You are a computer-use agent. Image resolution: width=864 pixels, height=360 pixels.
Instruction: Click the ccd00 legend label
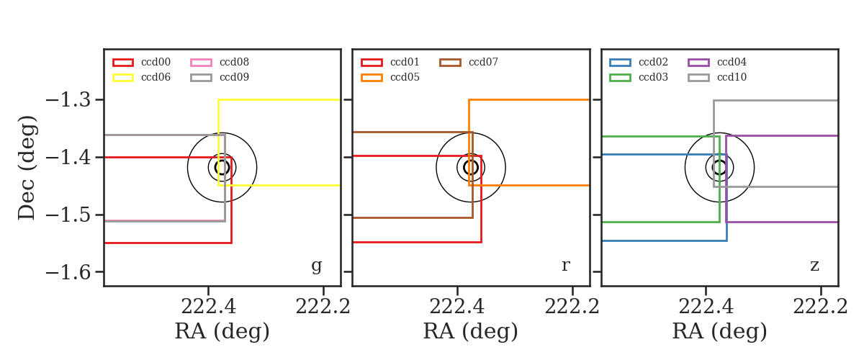pyautogui.click(x=156, y=62)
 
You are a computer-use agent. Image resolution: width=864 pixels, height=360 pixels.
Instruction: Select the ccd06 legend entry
pyautogui.click(x=156, y=77)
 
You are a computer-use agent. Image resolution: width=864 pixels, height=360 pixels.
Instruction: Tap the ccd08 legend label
pyautogui.click(x=234, y=62)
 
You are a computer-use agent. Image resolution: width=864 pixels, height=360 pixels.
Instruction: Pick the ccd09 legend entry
pyautogui.click(x=234, y=77)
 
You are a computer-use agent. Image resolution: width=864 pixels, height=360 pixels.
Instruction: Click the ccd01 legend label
pyautogui.click(x=405, y=62)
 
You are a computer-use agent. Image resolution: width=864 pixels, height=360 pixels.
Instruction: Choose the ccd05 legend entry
pyautogui.click(x=405, y=77)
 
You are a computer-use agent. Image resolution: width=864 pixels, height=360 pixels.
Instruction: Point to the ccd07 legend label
pyautogui.click(x=483, y=62)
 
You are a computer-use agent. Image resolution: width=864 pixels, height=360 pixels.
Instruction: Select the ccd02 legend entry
pyautogui.click(x=653, y=62)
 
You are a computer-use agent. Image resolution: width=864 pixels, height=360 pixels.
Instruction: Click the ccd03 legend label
pyautogui.click(x=653, y=77)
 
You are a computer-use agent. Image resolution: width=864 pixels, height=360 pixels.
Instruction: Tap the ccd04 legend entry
pyautogui.click(x=732, y=62)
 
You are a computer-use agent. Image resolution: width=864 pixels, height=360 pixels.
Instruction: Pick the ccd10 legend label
pyautogui.click(x=732, y=77)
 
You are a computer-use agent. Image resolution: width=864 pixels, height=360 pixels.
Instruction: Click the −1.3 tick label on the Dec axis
pyautogui.click(x=68, y=100)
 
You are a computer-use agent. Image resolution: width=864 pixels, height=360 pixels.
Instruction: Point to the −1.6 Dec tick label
pyautogui.click(x=68, y=272)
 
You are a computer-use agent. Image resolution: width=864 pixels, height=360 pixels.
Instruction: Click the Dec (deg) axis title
pyautogui.click(x=27, y=168)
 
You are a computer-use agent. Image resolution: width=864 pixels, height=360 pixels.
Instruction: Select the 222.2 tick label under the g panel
pyautogui.click(x=323, y=307)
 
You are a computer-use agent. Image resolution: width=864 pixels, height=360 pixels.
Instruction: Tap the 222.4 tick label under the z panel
pyautogui.click(x=706, y=307)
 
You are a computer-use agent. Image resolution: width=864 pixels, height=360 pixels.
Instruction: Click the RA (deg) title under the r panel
pyautogui.click(x=471, y=331)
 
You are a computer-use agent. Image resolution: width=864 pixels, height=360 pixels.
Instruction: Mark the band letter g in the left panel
pyautogui.click(x=316, y=266)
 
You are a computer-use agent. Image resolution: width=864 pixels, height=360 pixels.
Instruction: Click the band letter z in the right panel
pyautogui.click(x=814, y=266)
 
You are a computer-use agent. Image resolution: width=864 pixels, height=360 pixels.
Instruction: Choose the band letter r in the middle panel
pyautogui.click(x=565, y=266)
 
